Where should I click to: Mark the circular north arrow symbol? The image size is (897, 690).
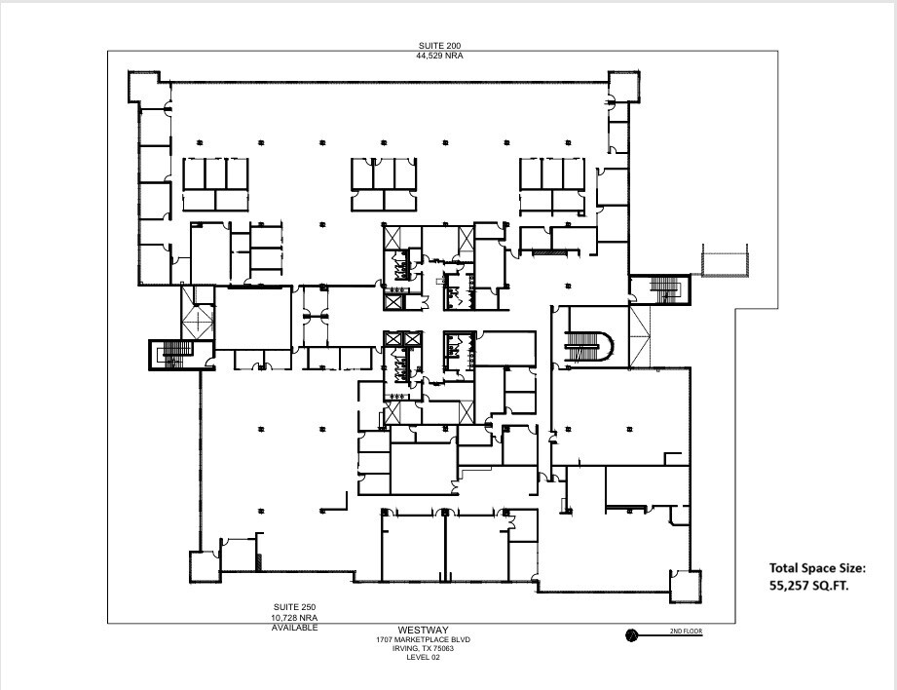click(x=631, y=634)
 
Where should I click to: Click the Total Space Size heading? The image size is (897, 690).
click(x=816, y=567)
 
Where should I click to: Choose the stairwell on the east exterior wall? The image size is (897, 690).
click(x=659, y=289)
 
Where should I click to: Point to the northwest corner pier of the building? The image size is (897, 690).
click(x=143, y=86)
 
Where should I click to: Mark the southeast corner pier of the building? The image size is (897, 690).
click(x=684, y=584)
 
